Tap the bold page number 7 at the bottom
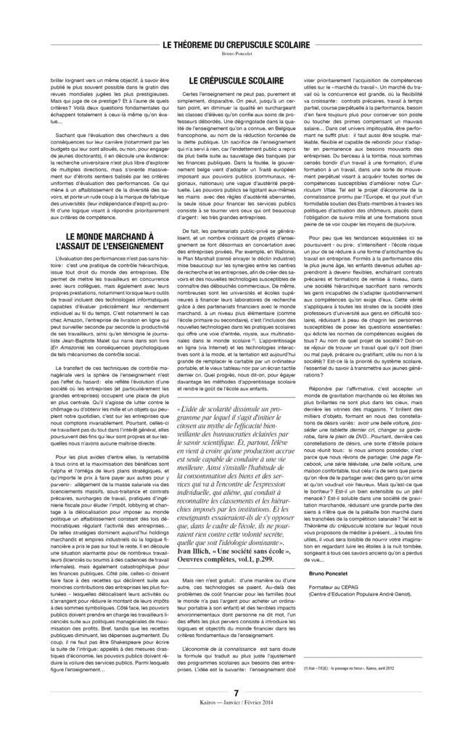click(236, 710)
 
